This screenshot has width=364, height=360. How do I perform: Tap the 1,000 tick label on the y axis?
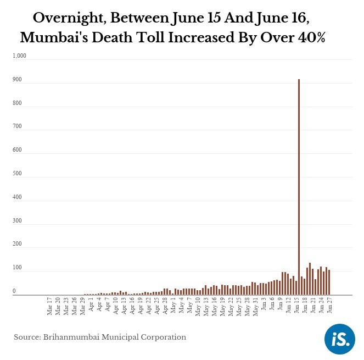[20, 56]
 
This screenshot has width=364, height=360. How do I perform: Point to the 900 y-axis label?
[18, 80]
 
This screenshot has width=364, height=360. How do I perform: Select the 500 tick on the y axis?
[18, 174]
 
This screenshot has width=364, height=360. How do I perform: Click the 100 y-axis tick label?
[18, 268]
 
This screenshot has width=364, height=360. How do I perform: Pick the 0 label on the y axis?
[15, 291]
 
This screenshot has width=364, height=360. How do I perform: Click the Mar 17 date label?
[50, 307]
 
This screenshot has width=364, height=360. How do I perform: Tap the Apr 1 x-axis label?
[91, 306]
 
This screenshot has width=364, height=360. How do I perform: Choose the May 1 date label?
[173, 306]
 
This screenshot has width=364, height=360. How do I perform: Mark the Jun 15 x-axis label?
[297, 307]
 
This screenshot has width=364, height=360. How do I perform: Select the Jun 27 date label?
[330, 307]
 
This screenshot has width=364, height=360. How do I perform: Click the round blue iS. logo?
[340, 339]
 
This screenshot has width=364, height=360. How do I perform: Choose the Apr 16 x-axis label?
[132, 307]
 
